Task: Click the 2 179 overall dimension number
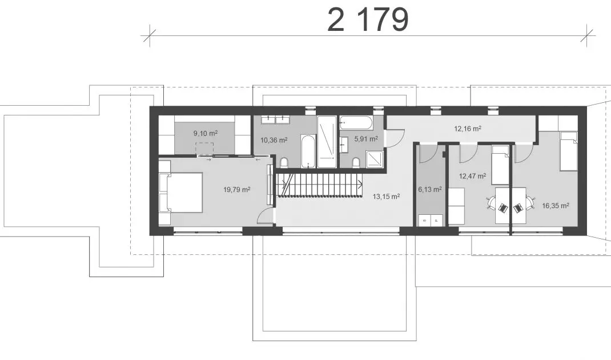[368, 20]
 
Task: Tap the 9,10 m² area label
[206, 133]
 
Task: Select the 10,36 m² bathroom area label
[274, 140]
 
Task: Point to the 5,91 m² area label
[366, 138]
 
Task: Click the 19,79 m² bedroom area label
[236, 190]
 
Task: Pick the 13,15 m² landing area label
[386, 197]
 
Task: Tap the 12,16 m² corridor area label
[468, 129]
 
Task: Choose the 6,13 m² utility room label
[430, 190]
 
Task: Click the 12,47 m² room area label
[472, 177]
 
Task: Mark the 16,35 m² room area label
[556, 206]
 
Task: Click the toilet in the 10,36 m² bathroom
[284, 162]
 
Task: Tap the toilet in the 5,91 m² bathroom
[355, 162]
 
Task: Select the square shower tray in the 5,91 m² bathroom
[374, 159]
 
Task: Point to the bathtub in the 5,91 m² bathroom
[356, 123]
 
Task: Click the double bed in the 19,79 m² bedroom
[181, 193]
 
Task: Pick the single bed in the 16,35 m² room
[569, 151]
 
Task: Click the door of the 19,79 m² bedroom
[266, 215]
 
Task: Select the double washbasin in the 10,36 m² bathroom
[275, 119]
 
